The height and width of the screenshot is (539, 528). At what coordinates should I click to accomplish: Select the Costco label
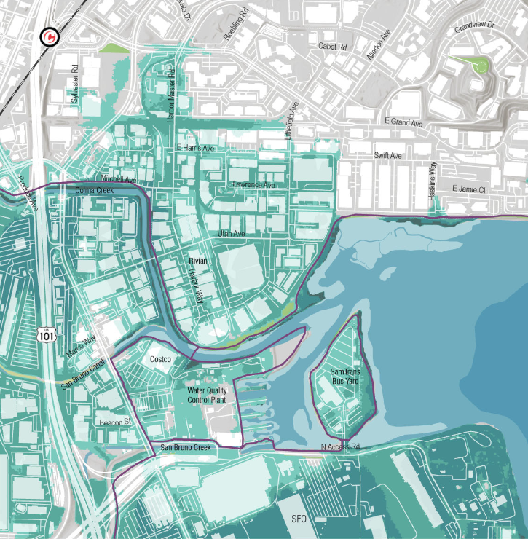click(160, 360)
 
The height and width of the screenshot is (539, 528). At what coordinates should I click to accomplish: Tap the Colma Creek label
click(95, 190)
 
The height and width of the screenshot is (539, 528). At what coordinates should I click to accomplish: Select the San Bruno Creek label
click(186, 447)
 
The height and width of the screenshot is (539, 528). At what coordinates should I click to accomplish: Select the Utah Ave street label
click(231, 233)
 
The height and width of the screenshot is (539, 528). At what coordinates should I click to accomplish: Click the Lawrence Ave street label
click(253, 185)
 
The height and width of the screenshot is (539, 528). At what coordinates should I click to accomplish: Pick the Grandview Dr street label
click(474, 28)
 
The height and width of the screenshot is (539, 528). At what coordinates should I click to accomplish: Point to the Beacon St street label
click(115, 422)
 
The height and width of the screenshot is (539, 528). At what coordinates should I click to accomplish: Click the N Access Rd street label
click(341, 446)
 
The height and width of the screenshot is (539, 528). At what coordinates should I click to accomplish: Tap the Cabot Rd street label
click(333, 45)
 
